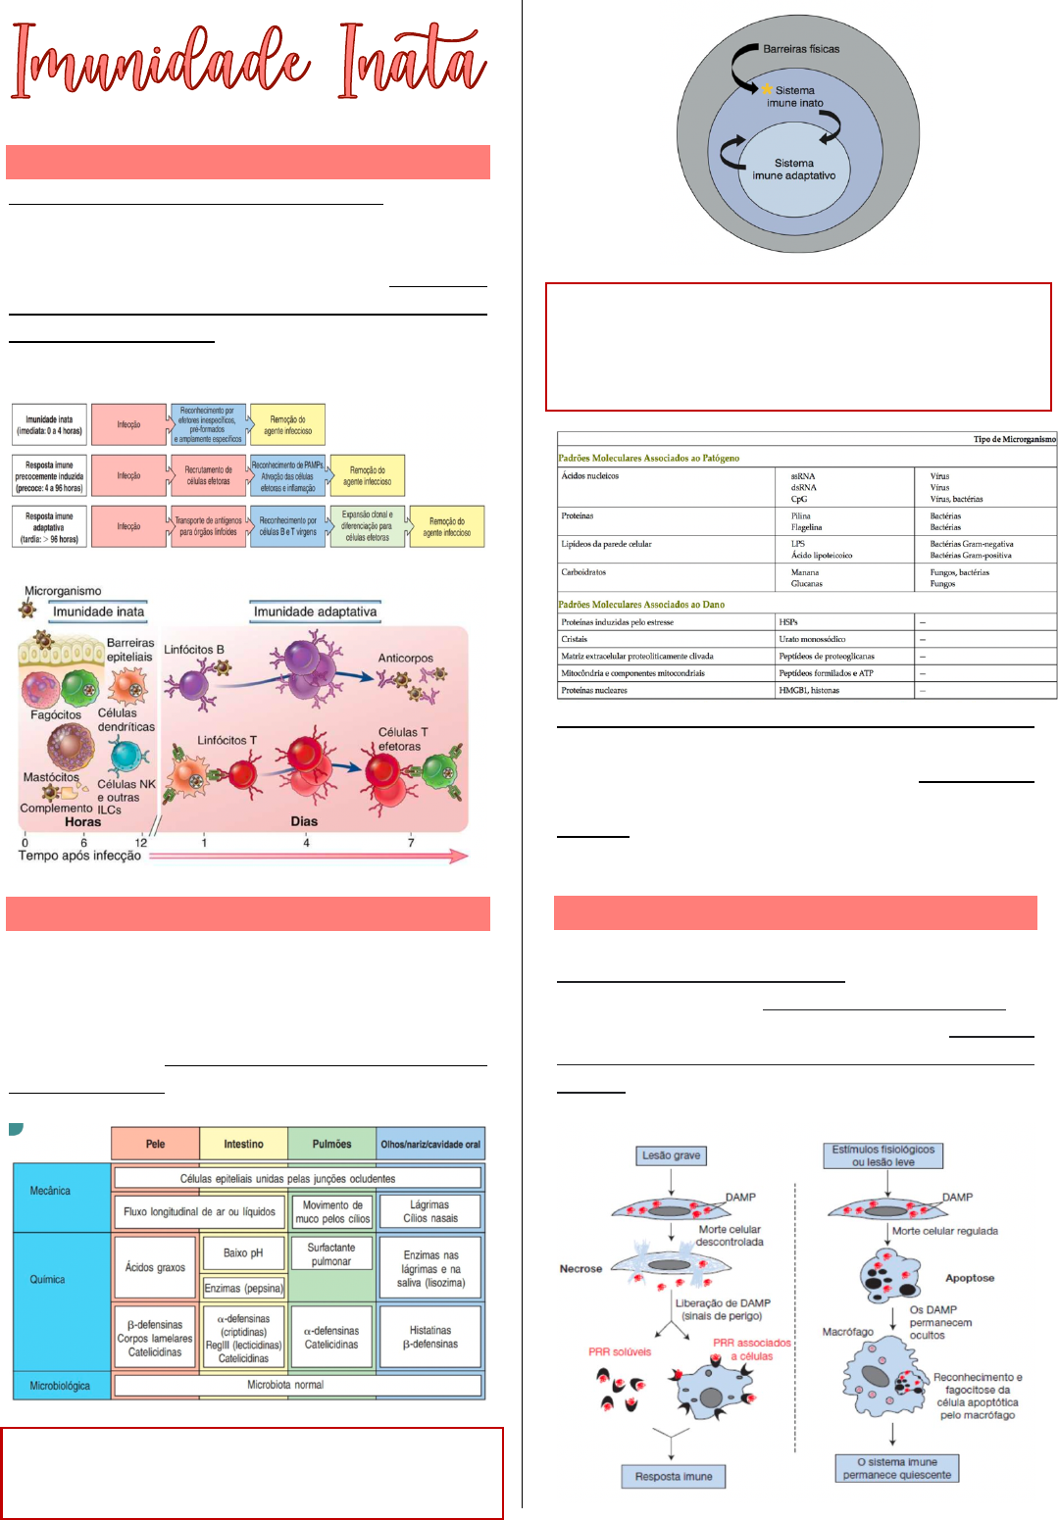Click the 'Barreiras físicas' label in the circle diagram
click(x=800, y=48)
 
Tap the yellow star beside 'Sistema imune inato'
click(x=767, y=89)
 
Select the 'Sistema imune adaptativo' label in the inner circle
click(x=794, y=170)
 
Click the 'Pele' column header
click(x=155, y=1144)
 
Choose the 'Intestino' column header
click(x=243, y=1144)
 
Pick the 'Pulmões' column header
click(x=331, y=1144)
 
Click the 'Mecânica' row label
click(x=50, y=1191)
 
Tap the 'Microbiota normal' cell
click(x=285, y=1385)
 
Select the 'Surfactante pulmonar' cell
click(x=331, y=1254)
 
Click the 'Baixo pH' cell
click(x=243, y=1252)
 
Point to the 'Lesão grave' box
click(x=671, y=1155)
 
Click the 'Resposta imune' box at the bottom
click(x=674, y=1476)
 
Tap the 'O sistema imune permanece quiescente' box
click(x=896, y=1468)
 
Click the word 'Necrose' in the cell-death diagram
click(x=580, y=1268)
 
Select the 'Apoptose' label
click(x=970, y=1278)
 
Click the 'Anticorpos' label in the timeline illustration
click(x=406, y=659)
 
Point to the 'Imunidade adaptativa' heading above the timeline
click(x=315, y=612)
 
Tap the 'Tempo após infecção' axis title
click(x=79, y=856)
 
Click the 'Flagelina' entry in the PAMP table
click(x=806, y=527)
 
